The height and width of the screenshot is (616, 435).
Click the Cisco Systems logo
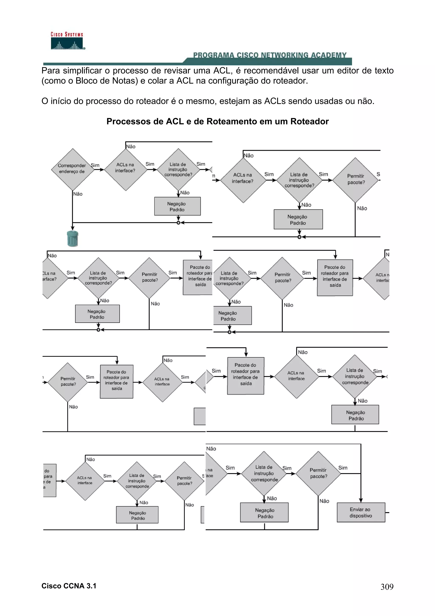(x=67, y=41)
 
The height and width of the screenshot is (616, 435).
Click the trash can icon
(x=72, y=238)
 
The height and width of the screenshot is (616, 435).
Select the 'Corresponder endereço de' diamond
(x=72, y=169)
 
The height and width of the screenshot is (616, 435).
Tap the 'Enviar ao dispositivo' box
(x=361, y=512)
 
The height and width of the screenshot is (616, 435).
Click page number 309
(x=387, y=587)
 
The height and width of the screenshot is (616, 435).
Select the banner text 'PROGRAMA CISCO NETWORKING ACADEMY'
(x=270, y=55)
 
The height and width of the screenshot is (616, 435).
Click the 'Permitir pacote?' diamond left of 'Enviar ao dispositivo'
(x=318, y=473)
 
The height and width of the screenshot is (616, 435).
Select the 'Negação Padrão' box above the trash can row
(x=177, y=206)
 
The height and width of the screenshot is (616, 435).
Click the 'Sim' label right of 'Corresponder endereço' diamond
(x=95, y=165)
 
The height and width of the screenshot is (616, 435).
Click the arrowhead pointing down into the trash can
(x=72, y=228)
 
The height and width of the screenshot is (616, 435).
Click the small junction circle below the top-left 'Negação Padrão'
(x=178, y=223)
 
